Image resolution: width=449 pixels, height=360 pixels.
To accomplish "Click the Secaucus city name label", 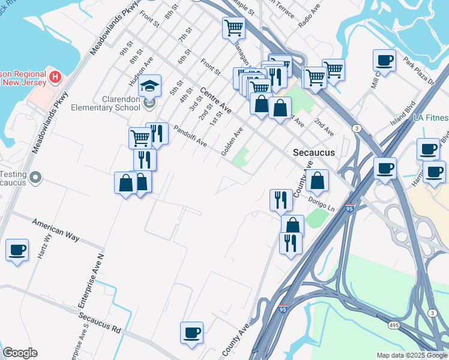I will point(313,152).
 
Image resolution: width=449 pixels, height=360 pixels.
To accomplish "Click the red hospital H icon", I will point(55,77).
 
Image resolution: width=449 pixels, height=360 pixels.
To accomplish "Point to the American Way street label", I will point(56,229).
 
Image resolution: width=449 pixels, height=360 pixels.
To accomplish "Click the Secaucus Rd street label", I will point(100,320).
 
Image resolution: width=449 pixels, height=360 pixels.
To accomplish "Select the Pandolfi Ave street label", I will point(190,136).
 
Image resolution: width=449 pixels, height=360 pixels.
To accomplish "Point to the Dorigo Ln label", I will point(321,203).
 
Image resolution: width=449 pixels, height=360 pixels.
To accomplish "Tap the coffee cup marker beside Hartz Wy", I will point(17,249).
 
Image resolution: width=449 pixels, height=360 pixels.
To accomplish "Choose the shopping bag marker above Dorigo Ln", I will point(317,179).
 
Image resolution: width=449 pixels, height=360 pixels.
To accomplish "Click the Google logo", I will point(20,353).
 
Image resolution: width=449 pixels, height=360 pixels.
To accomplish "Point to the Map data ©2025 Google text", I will point(412,355).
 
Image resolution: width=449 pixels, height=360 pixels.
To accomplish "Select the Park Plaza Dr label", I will point(418,71).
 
